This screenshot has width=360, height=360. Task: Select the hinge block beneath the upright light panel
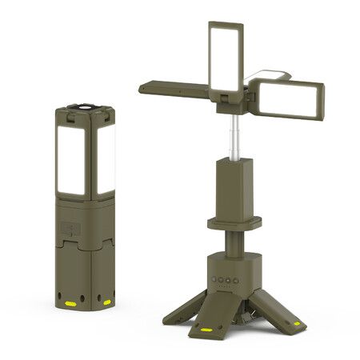pos(227,95)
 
